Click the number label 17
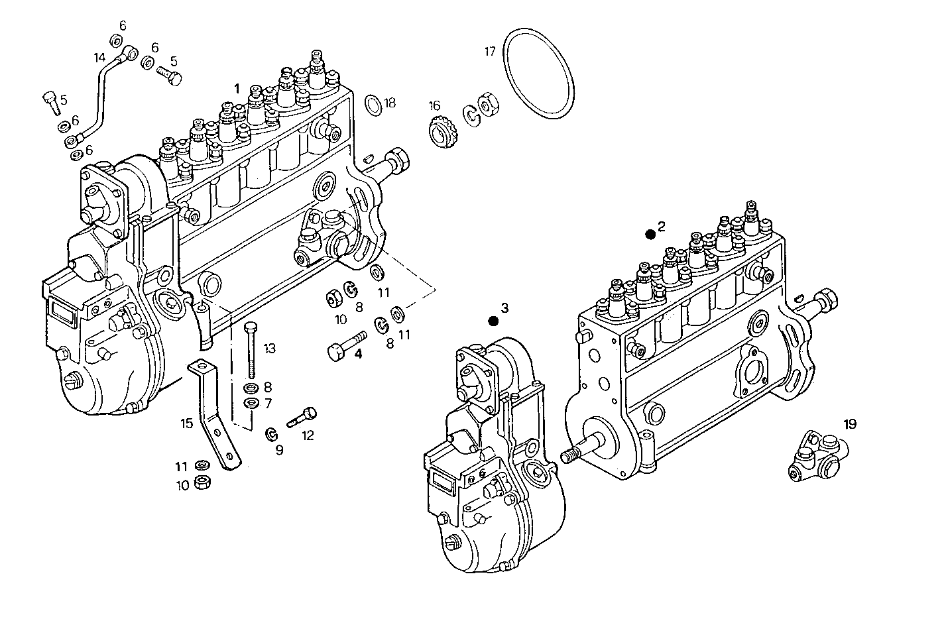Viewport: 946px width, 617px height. pos(490,51)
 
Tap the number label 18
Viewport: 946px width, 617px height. pos(390,103)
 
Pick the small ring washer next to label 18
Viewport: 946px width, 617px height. pos(373,104)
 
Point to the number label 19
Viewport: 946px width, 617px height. pos(850,424)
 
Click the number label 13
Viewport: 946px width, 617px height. pos(269,349)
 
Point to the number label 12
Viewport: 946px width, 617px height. pos(308,435)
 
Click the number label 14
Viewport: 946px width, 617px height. pos(99,57)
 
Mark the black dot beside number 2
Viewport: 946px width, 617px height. pos(650,234)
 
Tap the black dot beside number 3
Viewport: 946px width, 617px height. pos(493,321)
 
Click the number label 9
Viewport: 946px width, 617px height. pos(279,450)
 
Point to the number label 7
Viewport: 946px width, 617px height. pos(268,403)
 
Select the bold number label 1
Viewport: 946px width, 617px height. pos(236,87)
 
